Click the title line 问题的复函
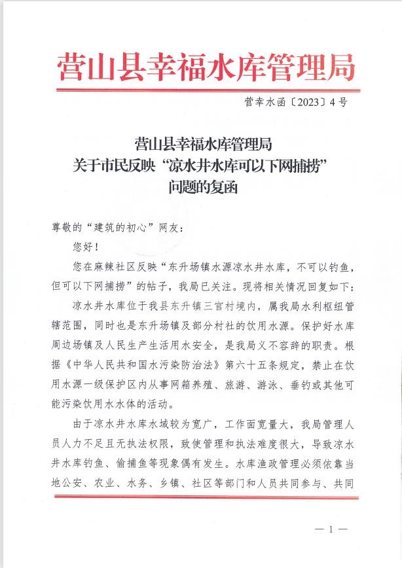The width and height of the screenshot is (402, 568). click(201, 187)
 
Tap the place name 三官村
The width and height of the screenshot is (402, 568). click(210, 306)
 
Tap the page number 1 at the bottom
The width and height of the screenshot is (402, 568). click(331, 528)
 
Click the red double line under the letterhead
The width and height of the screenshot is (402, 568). click(206, 89)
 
